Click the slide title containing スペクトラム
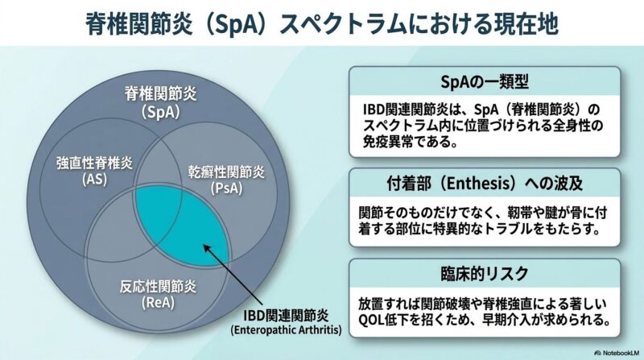(322, 24)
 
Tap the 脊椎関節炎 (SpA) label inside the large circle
(160, 103)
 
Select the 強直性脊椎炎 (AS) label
(94, 171)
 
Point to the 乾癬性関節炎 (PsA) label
(226, 180)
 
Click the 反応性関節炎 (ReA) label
(158, 294)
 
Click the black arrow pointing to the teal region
(229, 276)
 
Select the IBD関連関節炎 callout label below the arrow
(286, 316)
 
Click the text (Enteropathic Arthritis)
(286, 330)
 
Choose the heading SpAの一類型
(485, 82)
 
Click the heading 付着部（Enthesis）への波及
(485, 184)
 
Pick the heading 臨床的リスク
(485, 274)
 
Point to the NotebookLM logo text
(617, 353)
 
